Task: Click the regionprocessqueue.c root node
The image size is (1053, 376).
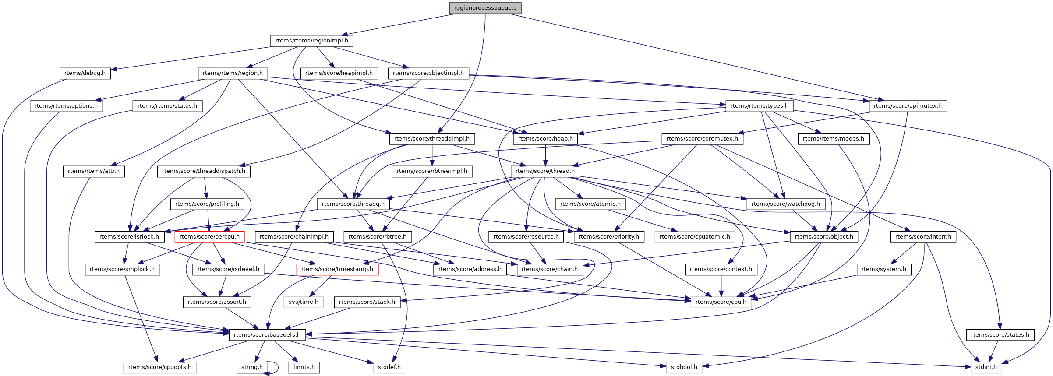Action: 485,8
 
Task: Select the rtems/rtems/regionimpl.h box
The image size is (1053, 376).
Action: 311,41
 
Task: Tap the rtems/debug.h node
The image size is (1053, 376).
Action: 85,73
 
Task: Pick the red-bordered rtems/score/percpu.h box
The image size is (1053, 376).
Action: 209,237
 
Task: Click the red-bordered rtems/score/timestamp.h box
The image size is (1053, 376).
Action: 337,269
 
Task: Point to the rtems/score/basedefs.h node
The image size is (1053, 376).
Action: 267,335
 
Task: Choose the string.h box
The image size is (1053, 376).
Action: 252,367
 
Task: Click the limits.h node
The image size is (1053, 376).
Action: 304,367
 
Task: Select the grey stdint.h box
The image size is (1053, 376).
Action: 986,367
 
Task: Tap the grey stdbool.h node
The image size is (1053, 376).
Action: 684,367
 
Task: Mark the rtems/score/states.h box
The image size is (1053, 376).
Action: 1000,335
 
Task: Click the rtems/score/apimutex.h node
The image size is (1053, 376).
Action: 908,106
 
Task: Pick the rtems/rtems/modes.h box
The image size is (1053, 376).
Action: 834,139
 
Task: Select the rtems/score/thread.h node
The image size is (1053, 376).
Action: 545,171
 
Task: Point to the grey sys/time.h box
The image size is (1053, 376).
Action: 304,302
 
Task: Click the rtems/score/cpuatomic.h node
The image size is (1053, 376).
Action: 695,237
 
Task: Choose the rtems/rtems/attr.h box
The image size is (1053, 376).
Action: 94,171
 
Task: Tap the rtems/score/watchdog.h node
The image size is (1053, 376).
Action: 786,204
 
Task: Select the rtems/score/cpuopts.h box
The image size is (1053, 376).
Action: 160,367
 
